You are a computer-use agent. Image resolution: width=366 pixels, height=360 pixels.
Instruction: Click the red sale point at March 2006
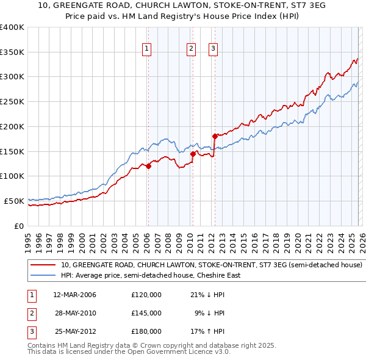[x=148, y=166]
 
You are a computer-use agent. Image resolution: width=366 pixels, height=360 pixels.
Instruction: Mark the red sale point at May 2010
[x=192, y=154]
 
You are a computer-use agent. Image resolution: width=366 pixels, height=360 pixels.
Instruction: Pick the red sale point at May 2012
[x=214, y=136]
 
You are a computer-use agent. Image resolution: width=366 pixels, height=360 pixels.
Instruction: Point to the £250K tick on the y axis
[x=12, y=101]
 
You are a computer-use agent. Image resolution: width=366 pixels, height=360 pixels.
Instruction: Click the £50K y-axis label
[x=14, y=201]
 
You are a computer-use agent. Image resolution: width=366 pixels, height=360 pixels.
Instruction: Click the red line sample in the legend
[x=43, y=265]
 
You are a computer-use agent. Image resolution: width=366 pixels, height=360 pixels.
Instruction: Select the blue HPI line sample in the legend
[x=43, y=275]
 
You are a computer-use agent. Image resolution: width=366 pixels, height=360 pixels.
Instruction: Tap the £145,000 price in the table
[x=146, y=313]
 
